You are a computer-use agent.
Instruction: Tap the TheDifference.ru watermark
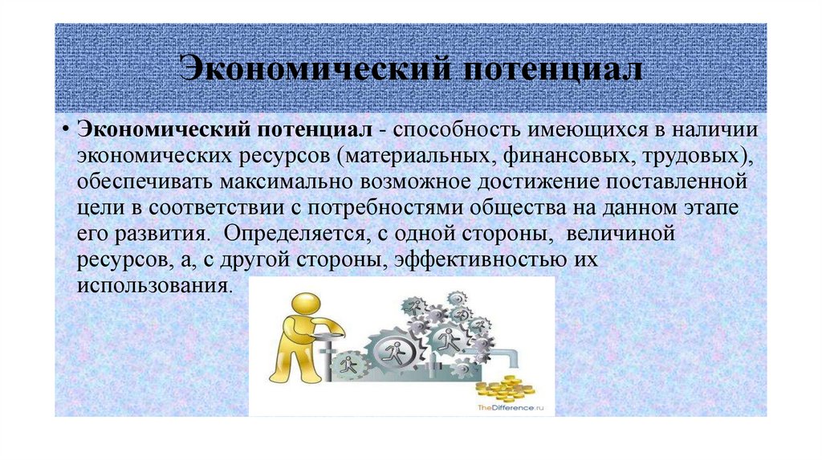pos(511,409)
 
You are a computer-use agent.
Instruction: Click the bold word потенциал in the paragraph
pos(314,130)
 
